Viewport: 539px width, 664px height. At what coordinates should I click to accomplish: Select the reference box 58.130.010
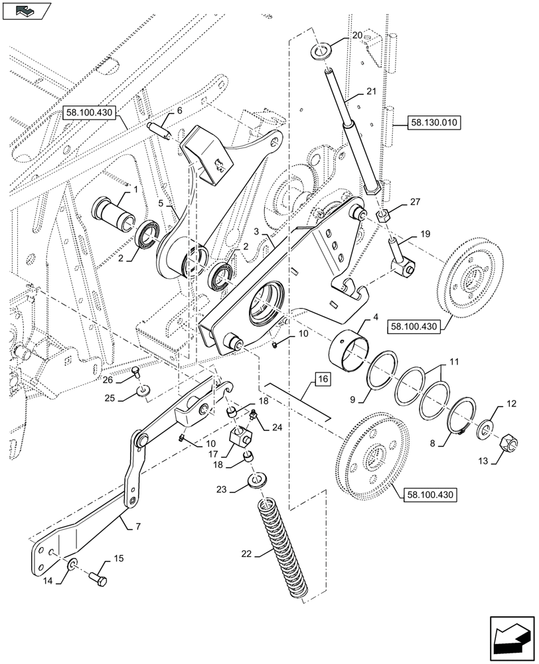(x=424, y=124)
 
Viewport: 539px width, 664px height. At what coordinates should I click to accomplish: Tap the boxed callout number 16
(x=322, y=380)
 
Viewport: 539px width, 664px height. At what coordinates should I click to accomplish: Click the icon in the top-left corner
(x=27, y=10)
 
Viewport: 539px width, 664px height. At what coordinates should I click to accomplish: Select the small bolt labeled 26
(x=135, y=372)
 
